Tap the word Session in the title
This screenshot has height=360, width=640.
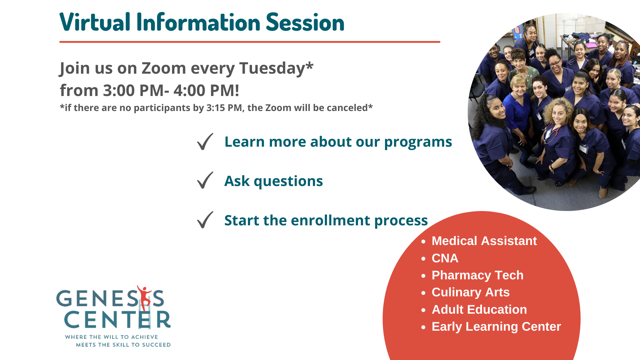(x=305, y=22)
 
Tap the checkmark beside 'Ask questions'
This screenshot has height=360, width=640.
(x=205, y=180)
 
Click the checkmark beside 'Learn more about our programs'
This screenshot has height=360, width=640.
(x=205, y=142)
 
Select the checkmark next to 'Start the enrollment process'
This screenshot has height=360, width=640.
(x=205, y=220)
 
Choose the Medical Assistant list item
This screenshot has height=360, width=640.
(x=484, y=241)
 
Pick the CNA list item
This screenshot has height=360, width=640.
(x=445, y=258)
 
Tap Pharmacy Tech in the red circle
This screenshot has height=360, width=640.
(x=477, y=275)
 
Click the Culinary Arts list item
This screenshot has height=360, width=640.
(x=470, y=292)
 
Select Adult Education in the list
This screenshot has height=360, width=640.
(x=479, y=310)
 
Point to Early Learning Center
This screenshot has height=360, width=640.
(x=496, y=327)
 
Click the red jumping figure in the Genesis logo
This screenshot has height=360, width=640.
(x=145, y=296)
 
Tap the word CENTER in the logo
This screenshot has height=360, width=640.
(x=117, y=320)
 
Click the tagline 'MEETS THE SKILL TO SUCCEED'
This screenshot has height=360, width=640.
(x=123, y=345)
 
